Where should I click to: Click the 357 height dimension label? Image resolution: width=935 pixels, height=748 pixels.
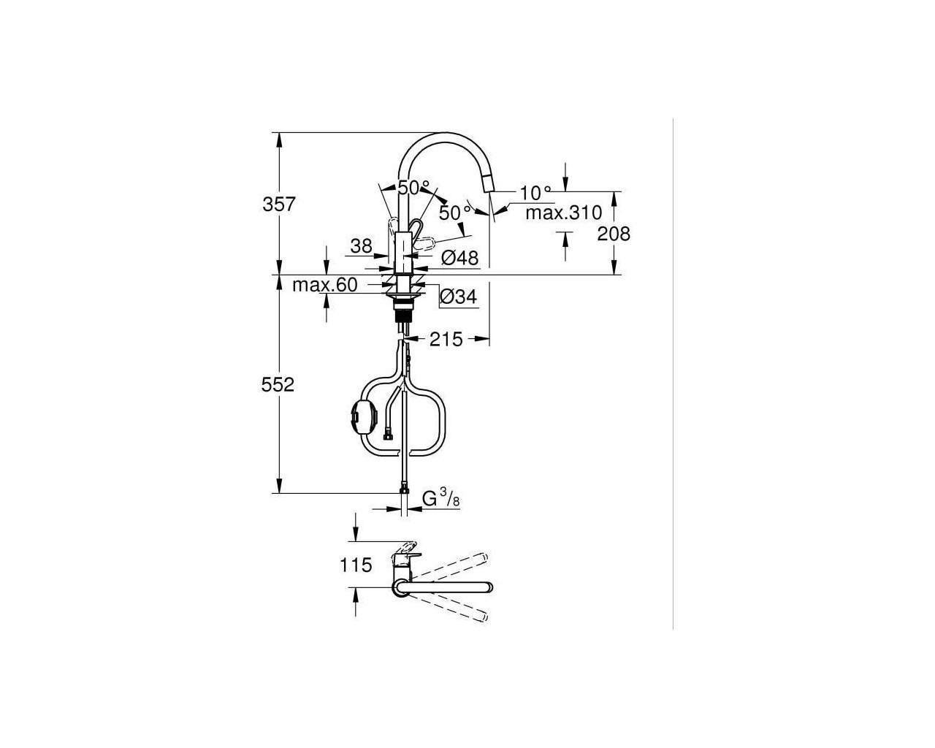279,204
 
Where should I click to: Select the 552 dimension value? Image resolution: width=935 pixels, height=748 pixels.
278,385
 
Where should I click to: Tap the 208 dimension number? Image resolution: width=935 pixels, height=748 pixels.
614,234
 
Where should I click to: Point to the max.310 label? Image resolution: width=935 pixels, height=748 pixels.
563,213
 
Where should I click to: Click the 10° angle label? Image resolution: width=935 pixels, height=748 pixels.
535,193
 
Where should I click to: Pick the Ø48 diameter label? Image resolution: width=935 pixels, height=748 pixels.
459,258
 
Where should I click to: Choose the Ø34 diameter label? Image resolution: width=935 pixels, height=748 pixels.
458,297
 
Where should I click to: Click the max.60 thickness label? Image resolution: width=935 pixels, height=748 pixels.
325,285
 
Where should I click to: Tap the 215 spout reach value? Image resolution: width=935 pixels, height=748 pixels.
446,339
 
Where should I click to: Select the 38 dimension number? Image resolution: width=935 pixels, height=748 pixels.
362,246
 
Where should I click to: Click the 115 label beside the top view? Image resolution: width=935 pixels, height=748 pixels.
356,565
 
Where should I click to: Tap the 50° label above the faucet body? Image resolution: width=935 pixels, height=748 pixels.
413,188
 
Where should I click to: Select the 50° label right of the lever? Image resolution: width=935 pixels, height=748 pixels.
455,213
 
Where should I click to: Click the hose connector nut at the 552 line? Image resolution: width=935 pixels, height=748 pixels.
404,490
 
